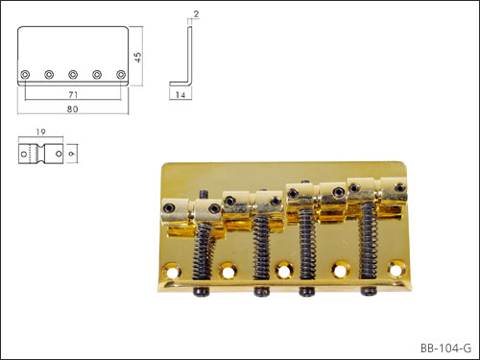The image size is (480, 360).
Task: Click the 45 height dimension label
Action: coord(137,57)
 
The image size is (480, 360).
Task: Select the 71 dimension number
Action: coord(73,95)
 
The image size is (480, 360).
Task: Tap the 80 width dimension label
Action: coord(73,109)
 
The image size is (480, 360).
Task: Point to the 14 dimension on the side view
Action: coord(180,95)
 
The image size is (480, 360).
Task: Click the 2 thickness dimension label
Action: coord(196,14)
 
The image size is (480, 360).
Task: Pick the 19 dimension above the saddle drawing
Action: coord(40,132)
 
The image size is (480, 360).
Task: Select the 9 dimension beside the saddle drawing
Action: coord(72,154)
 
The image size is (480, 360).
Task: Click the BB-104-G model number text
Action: coord(445,348)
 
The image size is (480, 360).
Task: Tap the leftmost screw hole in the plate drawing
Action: coord(25,75)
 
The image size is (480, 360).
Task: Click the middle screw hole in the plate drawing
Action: coord(73,75)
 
